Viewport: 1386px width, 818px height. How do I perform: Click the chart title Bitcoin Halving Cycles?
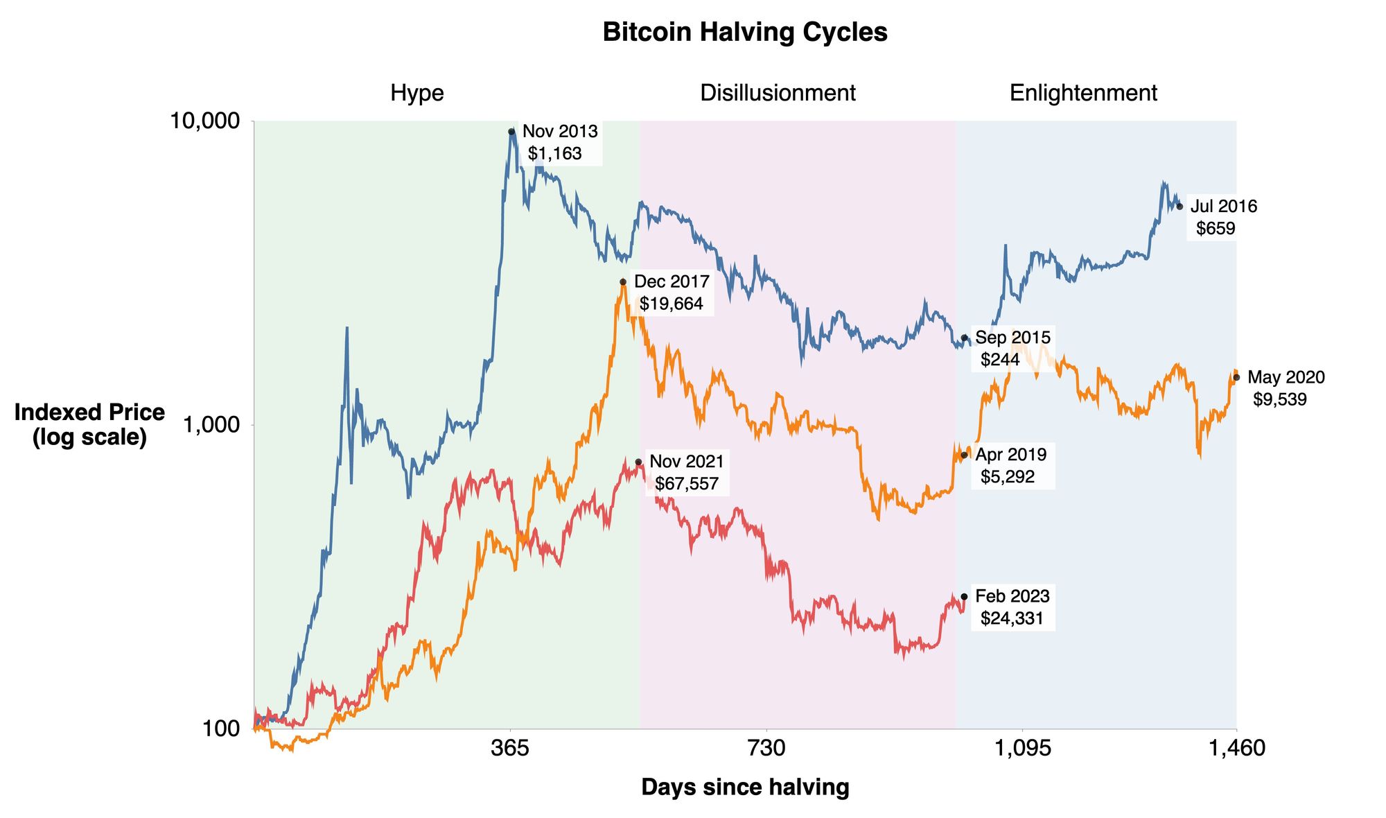tap(745, 33)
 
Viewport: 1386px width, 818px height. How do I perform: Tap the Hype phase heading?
tap(416, 93)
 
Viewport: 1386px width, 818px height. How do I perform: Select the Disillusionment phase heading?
tap(778, 93)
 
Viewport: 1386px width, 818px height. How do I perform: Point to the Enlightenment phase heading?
tap(1082, 93)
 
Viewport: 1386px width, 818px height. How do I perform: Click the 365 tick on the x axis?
tap(510, 748)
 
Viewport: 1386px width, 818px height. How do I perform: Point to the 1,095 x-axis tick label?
tap(1022, 748)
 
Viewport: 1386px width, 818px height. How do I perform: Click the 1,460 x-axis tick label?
tap(1236, 748)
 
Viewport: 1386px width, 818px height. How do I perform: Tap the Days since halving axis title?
tap(745, 787)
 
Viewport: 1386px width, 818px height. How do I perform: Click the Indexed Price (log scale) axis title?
tap(89, 424)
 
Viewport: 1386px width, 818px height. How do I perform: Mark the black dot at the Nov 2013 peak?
tap(511, 132)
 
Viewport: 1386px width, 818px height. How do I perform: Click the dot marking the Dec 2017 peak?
tap(623, 282)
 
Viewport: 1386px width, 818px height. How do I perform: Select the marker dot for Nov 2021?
tap(638, 462)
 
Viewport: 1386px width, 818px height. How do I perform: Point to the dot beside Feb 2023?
tap(964, 596)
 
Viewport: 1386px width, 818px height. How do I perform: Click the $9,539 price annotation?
tap(1280, 399)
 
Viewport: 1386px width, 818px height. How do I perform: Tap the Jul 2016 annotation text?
tap(1223, 206)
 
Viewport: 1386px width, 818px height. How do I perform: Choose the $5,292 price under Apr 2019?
tap(1007, 476)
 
